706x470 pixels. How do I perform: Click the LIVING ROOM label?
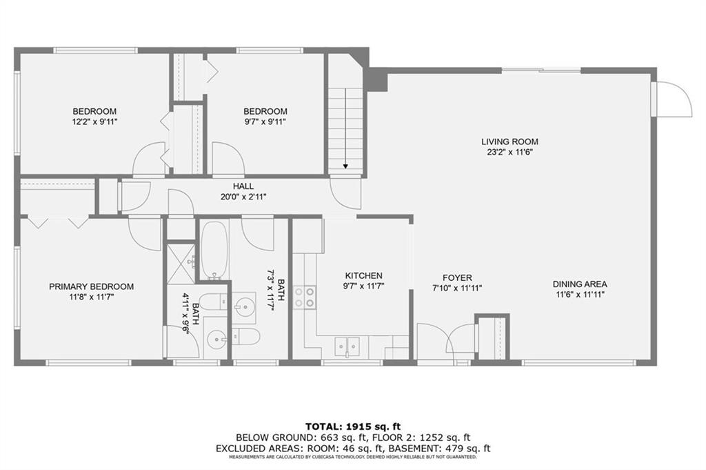tap(510, 142)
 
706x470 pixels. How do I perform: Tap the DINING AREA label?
tap(580, 284)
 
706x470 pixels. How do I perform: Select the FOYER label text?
tap(457, 278)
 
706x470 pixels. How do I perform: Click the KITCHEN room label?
tap(363, 276)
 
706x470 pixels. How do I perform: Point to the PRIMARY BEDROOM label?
tap(92, 286)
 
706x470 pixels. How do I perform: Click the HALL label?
tap(243, 186)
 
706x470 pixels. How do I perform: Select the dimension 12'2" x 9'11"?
tap(94, 121)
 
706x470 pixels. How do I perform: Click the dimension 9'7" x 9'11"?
tap(265, 121)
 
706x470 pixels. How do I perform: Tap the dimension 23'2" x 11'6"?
tap(510, 153)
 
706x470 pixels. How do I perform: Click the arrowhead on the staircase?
tap(345, 166)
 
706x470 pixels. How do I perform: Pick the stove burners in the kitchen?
tap(304, 298)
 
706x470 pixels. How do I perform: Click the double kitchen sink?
tap(347, 346)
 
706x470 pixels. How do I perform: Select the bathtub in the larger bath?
tap(214, 250)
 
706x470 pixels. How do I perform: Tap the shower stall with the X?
tap(181, 264)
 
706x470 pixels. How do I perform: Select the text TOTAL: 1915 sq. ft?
tap(353, 427)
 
